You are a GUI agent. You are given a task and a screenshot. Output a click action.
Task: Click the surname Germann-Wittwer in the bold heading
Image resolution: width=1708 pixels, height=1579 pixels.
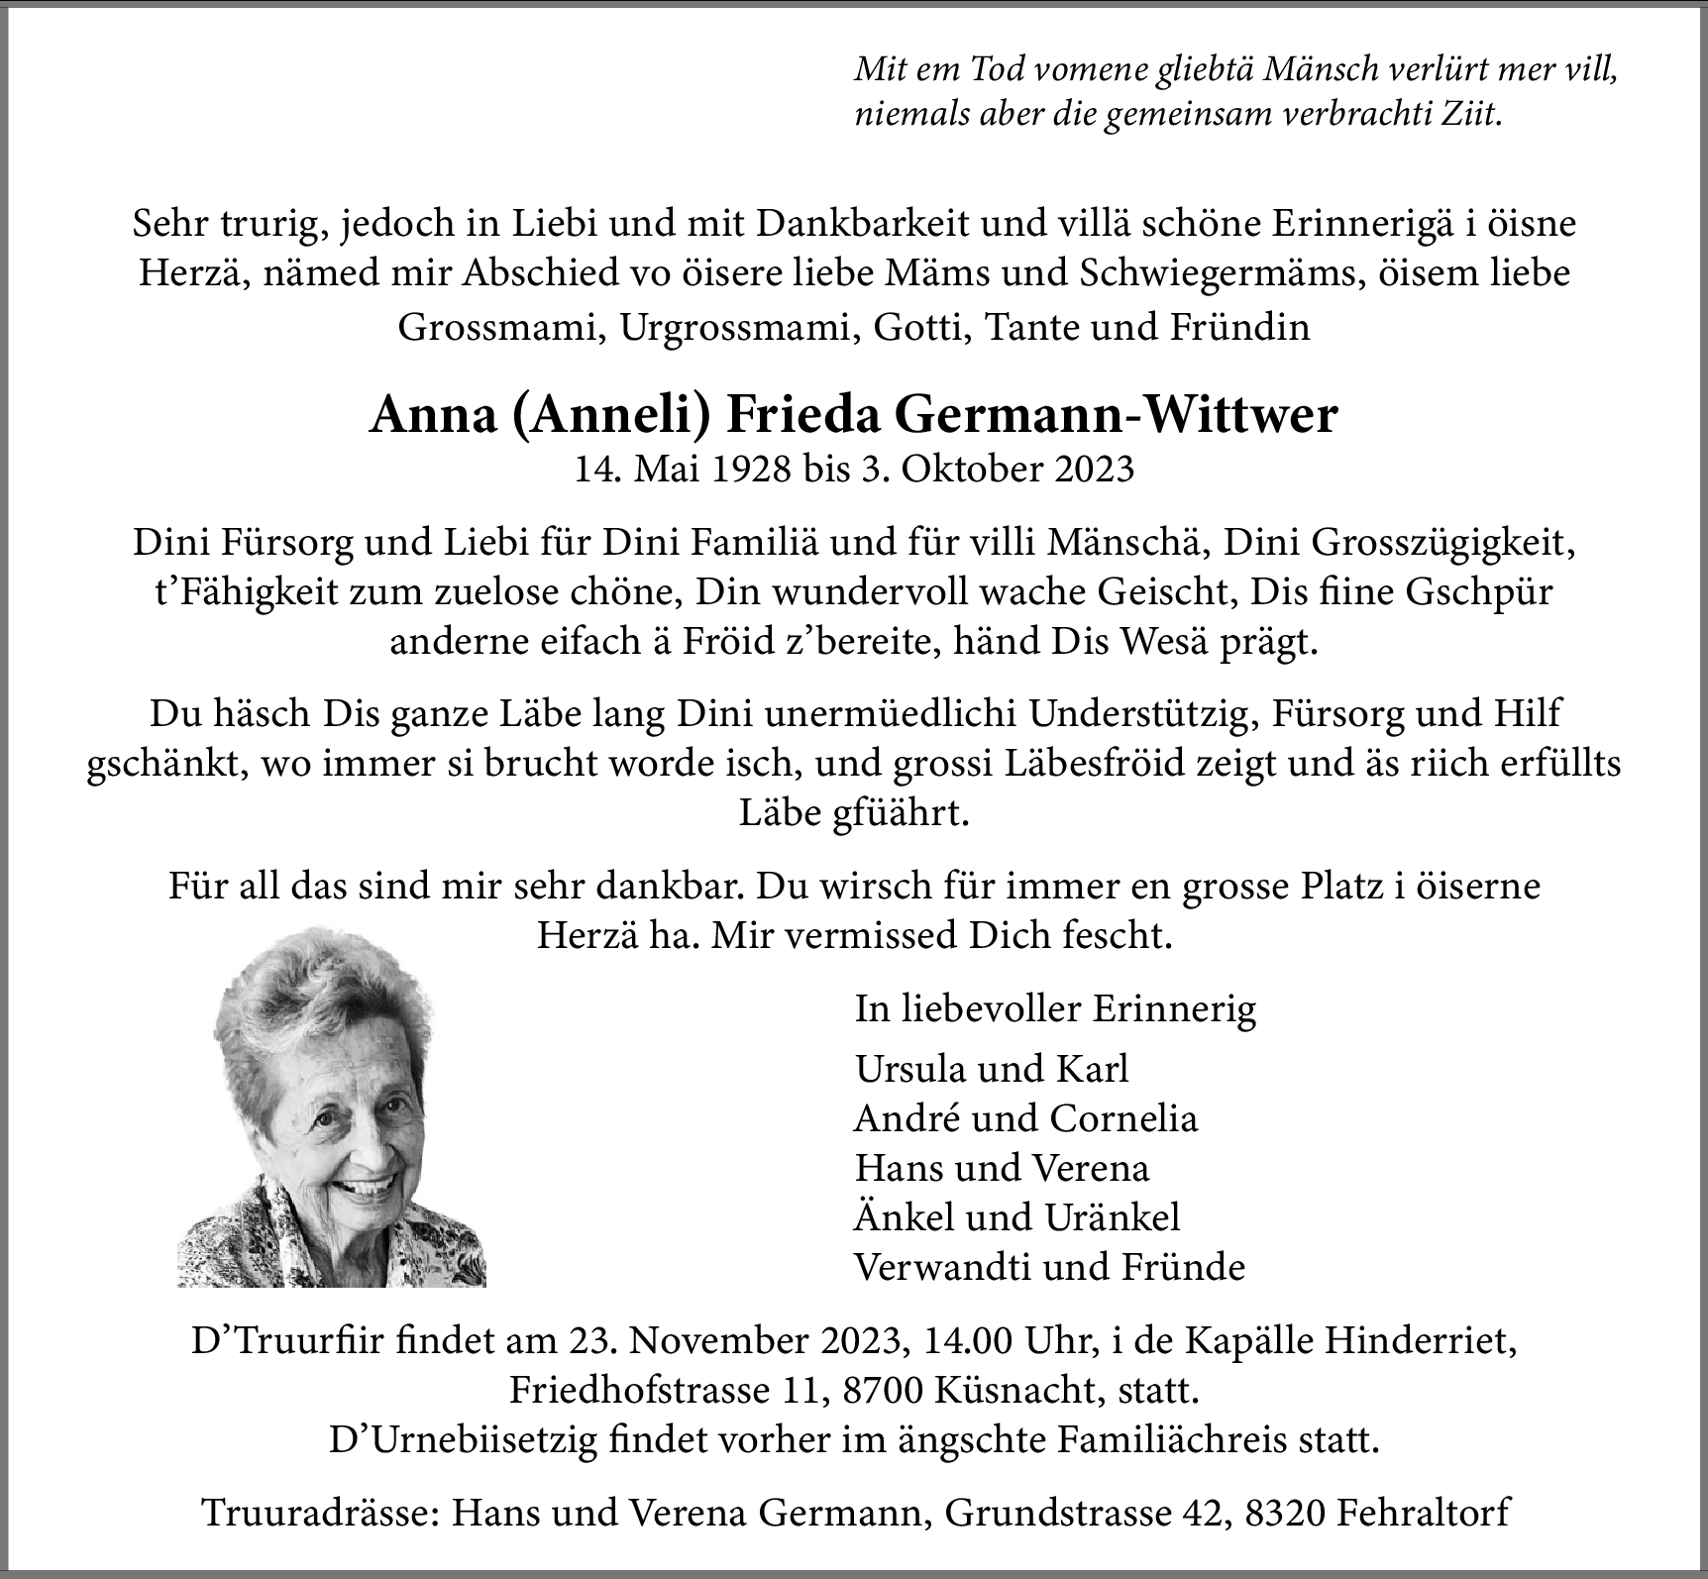tap(1117, 416)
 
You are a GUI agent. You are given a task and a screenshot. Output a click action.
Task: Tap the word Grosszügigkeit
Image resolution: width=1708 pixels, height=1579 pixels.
tap(1442, 543)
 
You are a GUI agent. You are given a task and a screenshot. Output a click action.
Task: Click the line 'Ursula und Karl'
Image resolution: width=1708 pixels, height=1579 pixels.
tap(992, 1069)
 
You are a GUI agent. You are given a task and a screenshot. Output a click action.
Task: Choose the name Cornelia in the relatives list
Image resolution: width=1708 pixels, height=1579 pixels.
tap(1123, 1118)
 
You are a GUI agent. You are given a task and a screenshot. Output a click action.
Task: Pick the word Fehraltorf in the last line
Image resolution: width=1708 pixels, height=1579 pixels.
tap(1423, 1513)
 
